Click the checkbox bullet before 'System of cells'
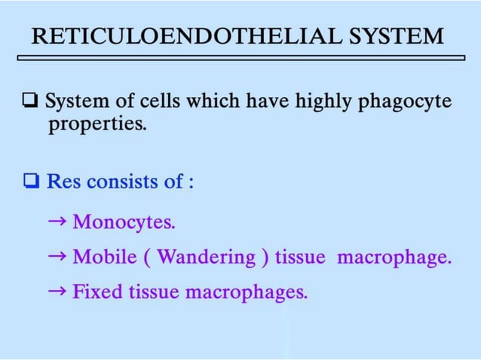pos(32,101)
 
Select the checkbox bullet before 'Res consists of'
pos(32,182)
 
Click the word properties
pos(97,124)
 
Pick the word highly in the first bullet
pos(290,101)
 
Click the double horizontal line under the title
pos(241,56)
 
